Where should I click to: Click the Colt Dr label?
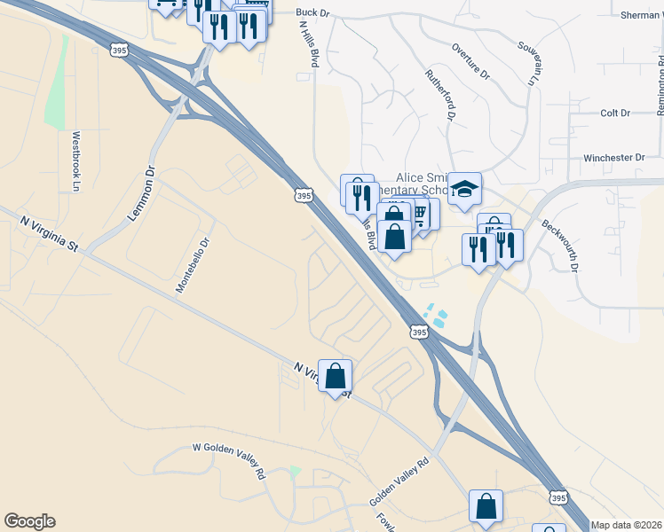[x=614, y=113]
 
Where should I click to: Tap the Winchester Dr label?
[x=613, y=158]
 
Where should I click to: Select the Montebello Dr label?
[x=192, y=265]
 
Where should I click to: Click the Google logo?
[x=29, y=521]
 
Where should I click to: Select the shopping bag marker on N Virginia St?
[x=336, y=376]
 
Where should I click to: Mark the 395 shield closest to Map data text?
[x=557, y=499]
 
